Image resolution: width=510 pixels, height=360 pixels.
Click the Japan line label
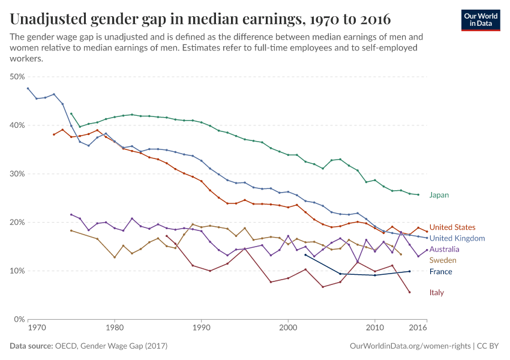(x=439, y=195)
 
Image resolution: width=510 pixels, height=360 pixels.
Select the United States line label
(x=452, y=227)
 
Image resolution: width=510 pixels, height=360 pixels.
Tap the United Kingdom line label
(x=457, y=238)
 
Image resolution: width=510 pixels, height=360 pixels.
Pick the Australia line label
(x=444, y=249)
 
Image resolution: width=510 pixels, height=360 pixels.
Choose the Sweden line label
(x=442, y=260)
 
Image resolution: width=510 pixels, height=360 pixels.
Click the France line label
(x=440, y=272)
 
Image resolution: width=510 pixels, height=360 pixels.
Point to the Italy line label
(x=436, y=293)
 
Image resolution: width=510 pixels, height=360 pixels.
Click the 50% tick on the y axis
(x=17, y=77)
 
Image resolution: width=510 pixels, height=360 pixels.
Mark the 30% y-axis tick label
(x=17, y=174)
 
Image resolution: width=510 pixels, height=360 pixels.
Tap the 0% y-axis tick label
(x=19, y=319)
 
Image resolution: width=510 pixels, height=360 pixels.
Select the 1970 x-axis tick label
(x=36, y=328)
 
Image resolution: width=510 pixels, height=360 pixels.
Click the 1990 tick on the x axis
(x=201, y=328)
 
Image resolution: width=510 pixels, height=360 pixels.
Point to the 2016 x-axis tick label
(x=418, y=328)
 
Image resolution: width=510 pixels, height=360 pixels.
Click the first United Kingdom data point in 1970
(x=28, y=88)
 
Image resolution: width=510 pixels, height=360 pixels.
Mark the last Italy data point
(x=409, y=292)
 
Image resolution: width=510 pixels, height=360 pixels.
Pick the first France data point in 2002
(x=305, y=255)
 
